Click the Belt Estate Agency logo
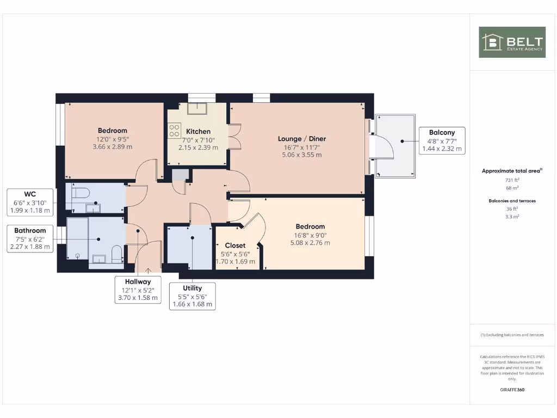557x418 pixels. [512, 42]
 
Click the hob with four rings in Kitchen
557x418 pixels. [175, 131]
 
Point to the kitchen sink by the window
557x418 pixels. [195, 108]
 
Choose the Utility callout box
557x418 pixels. [192, 296]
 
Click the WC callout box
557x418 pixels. [30, 202]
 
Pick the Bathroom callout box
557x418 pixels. [30, 238]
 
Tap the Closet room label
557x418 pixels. [235, 245]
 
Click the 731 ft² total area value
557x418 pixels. [512, 180]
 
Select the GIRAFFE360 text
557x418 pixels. [512, 390]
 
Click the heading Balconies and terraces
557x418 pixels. [512, 201]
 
